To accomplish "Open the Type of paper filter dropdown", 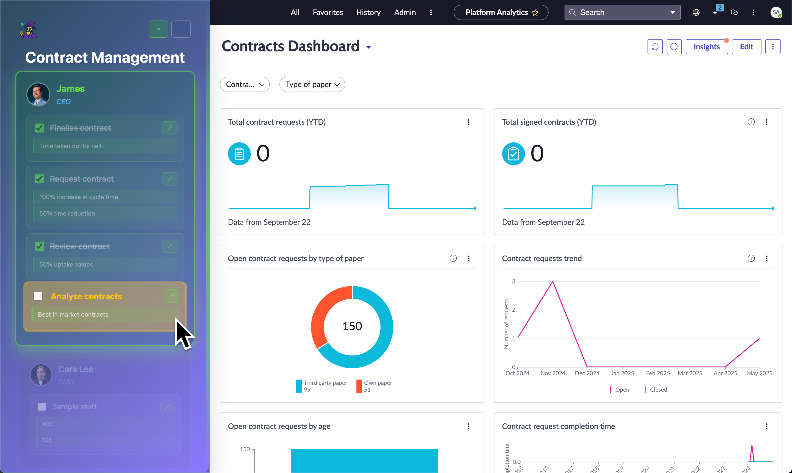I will pyautogui.click(x=312, y=84).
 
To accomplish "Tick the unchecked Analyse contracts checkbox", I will pyautogui.click(x=38, y=296).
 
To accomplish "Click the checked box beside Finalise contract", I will pyautogui.click(x=39, y=128).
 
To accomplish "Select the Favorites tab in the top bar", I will pyautogui.click(x=328, y=12).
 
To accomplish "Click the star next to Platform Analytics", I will pyautogui.click(x=535, y=13).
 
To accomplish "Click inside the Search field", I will pyautogui.click(x=618, y=12).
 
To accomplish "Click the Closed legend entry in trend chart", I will pyautogui.click(x=658, y=390).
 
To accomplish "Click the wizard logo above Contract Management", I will pyautogui.click(x=28, y=29).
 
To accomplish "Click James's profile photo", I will pyautogui.click(x=38, y=95).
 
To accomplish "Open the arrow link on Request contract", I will pyautogui.click(x=170, y=179).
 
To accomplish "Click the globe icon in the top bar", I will pyautogui.click(x=696, y=12).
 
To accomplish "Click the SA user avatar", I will pyautogui.click(x=776, y=12).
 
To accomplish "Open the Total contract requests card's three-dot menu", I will pyautogui.click(x=468, y=122).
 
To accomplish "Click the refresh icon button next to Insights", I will pyautogui.click(x=655, y=47).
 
